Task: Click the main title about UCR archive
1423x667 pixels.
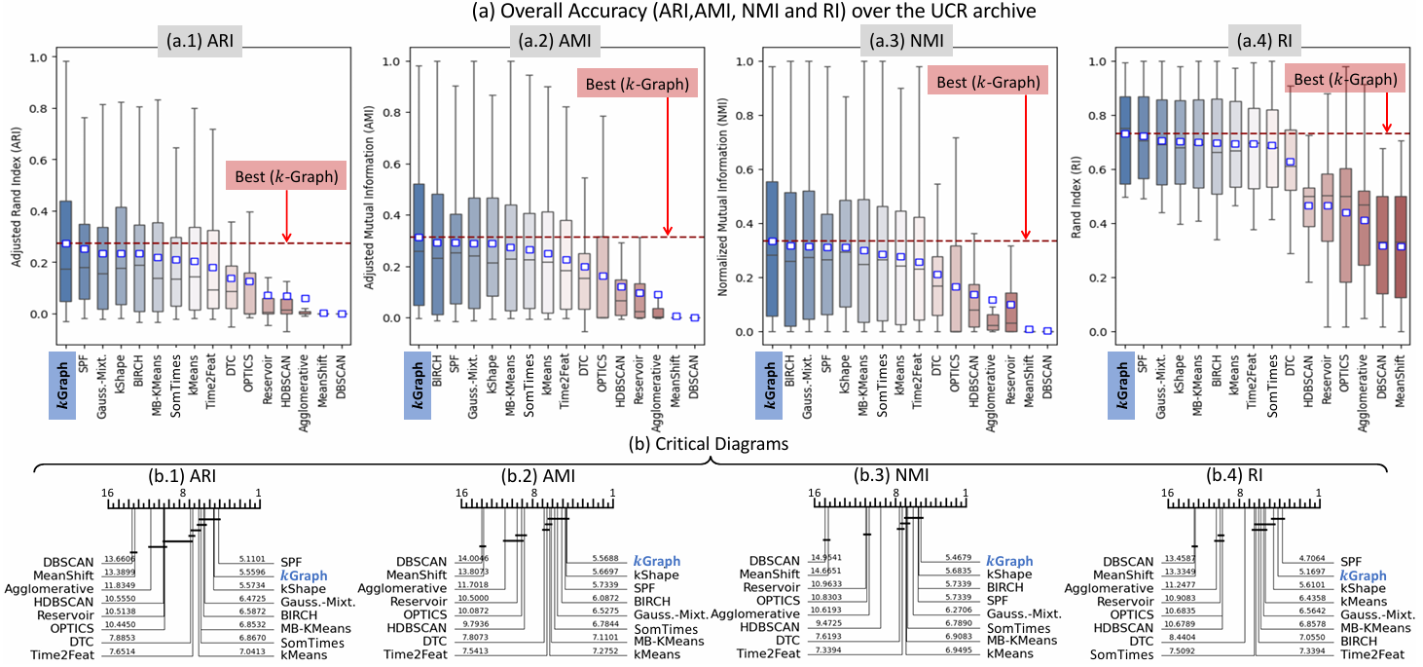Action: [x=711, y=11]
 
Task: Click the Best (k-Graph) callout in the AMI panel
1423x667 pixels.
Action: [x=638, y=84]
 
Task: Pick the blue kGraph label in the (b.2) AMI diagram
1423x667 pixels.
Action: [x=656, y=562]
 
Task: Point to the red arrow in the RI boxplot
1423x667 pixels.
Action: [x=1386, y=110]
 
